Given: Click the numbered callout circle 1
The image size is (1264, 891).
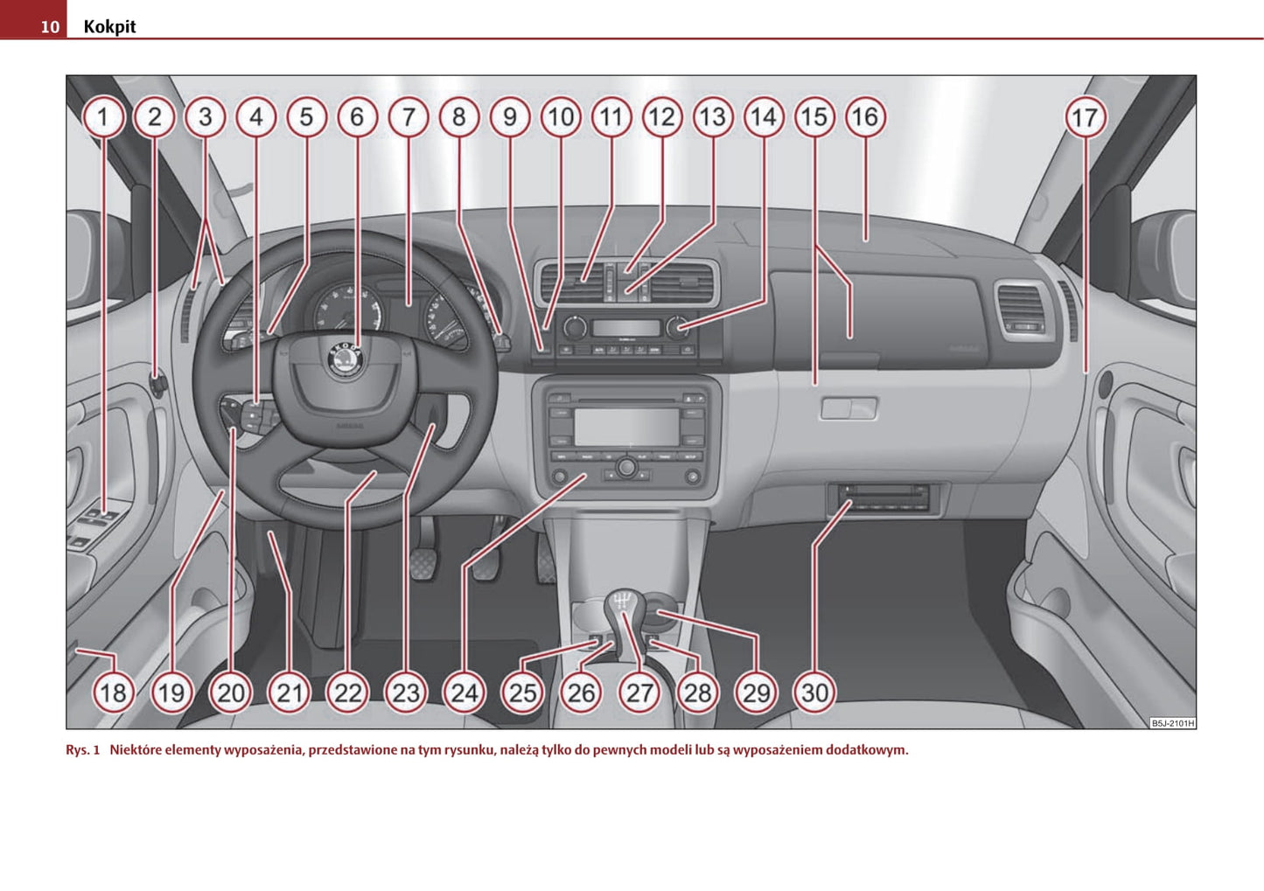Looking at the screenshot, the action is point(103,117).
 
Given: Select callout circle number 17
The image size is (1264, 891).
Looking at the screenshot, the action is point(1086,117).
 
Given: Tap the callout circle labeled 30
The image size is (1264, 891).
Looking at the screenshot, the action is point(814,693).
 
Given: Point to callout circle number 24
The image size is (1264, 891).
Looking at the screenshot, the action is point(464,693).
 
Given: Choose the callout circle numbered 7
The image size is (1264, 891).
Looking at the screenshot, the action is point(408,117).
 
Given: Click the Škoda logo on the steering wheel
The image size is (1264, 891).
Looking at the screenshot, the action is point(346,358).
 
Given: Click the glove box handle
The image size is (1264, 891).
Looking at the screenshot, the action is point(848,408).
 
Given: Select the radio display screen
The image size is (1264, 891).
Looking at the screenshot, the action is point(626,427).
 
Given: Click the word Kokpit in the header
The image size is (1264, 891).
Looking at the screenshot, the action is point(109,26).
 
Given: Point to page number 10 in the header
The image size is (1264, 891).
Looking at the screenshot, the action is point(50,27).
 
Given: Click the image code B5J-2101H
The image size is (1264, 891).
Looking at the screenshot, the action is point(1172,723).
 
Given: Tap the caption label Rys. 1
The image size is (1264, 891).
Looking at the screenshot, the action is point(82,750).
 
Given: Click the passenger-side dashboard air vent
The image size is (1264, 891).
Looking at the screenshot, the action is point(1023,310).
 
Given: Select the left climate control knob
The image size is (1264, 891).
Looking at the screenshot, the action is point(575,327).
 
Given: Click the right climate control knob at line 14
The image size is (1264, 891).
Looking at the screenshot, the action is point(676,327).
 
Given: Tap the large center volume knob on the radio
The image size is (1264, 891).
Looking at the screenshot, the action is point(625,468).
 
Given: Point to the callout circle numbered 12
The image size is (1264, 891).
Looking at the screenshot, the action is point(662,117).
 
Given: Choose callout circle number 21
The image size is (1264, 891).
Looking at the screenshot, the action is point(289,693).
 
